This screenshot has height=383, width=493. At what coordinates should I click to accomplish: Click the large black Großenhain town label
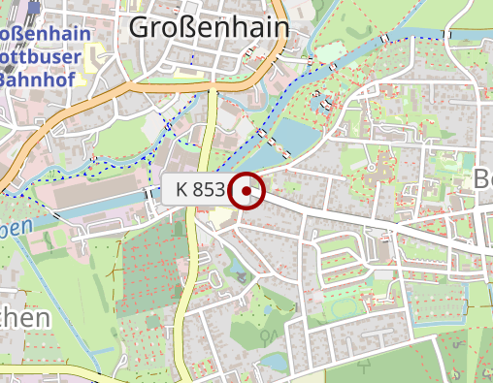click(209, 28)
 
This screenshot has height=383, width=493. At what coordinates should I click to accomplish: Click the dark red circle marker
click(248, 191)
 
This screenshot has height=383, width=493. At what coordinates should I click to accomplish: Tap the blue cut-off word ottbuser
click(45, 57)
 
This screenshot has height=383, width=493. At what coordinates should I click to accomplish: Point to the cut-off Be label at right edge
click(483, 177)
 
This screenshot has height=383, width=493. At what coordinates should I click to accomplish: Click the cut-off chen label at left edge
click(24, 319)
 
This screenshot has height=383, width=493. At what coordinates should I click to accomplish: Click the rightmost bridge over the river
click(385, 39)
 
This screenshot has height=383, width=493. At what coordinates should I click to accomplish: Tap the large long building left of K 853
click(97, 193)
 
